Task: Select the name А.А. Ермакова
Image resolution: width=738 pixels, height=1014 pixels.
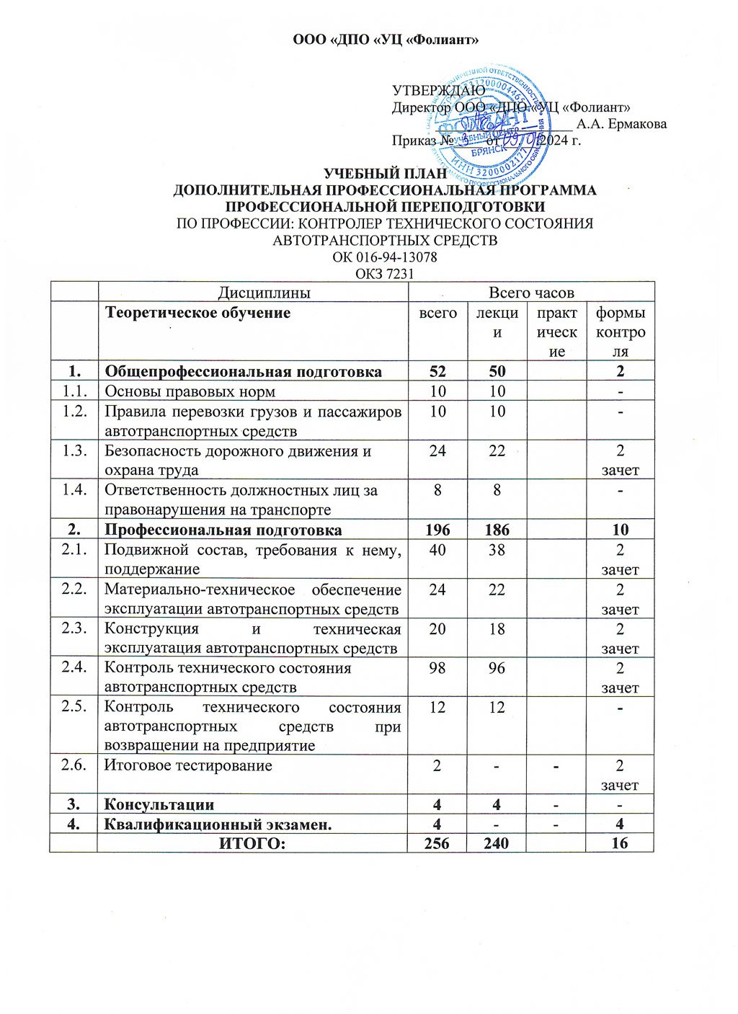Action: [622, 124]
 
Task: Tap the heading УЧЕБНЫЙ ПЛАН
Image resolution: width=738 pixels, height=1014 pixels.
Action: [385, 174]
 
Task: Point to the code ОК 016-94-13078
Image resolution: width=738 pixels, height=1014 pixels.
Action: [385, 257]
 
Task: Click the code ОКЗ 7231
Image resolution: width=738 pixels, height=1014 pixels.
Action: [385, 274]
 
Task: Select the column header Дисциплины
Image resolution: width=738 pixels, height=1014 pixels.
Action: [254, 292]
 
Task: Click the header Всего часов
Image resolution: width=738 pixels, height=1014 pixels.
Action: [531, 292]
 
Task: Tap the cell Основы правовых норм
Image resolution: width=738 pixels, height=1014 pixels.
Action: [190, 391]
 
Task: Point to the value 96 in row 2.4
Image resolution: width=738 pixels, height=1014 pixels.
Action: [496, 668]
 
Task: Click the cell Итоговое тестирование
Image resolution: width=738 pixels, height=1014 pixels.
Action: [188, 765]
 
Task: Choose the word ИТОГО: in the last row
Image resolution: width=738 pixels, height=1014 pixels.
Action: [253, 843]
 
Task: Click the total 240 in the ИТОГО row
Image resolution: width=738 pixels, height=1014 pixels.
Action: [496, 843]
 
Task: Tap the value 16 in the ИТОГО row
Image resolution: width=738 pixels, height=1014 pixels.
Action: [619, 843]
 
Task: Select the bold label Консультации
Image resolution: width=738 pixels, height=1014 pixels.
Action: [159, 804]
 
